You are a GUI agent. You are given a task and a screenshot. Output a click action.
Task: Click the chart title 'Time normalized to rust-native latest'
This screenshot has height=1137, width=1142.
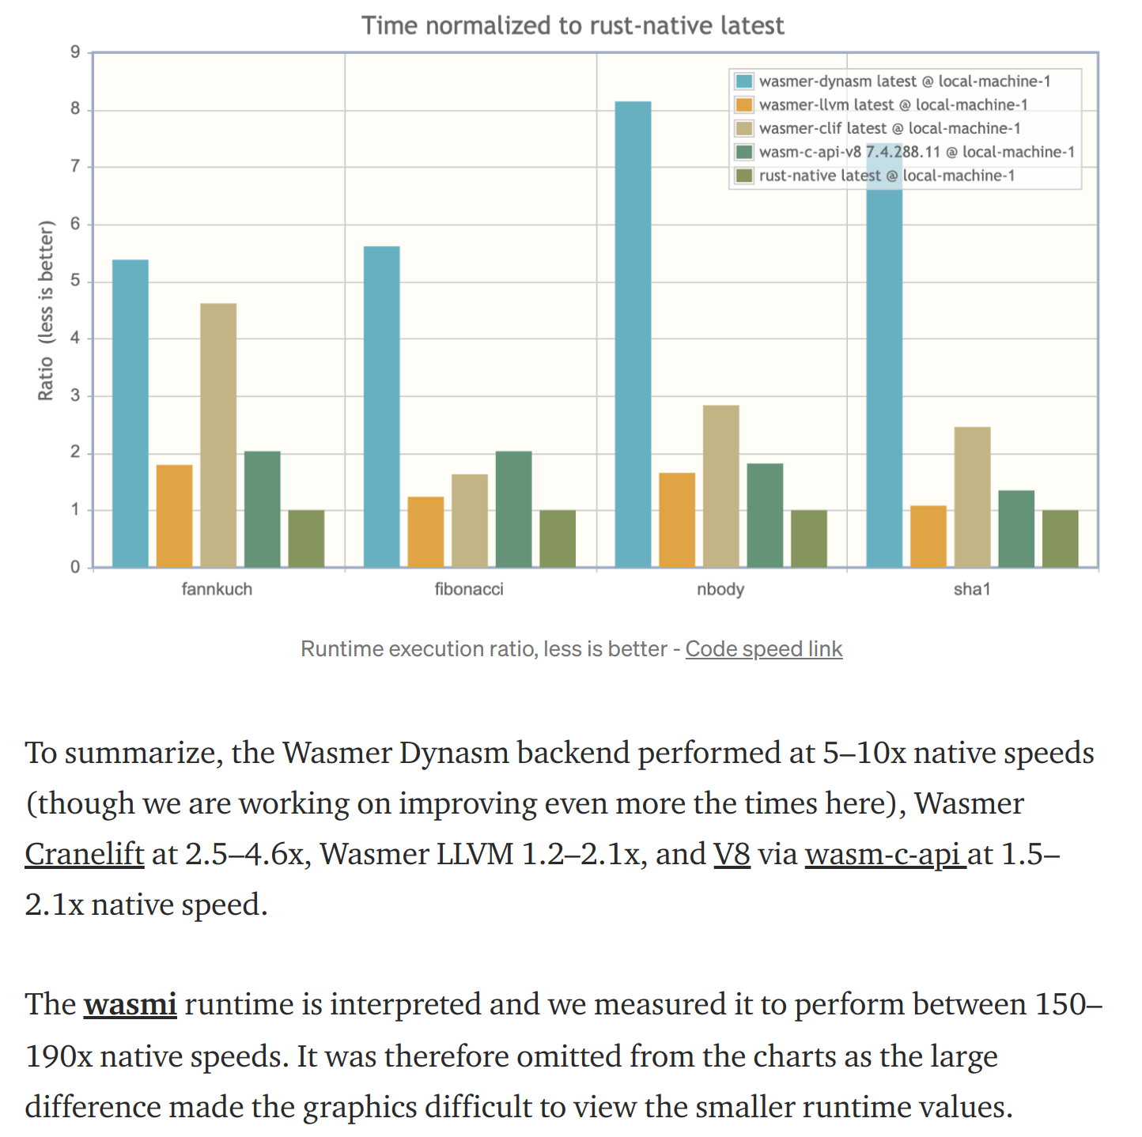pos(573,26)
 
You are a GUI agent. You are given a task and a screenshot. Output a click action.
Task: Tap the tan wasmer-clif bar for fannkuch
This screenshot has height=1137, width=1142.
pos(218,435)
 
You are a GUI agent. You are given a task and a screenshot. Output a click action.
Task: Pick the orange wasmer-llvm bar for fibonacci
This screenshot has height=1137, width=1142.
pos(425,531)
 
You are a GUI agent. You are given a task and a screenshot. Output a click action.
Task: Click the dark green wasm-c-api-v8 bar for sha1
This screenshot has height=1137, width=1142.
pos(1016,528)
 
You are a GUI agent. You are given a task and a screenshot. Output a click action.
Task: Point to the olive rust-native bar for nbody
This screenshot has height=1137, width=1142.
pos(809,538)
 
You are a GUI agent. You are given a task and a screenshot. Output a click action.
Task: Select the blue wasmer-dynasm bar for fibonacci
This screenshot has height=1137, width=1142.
pos(382,406)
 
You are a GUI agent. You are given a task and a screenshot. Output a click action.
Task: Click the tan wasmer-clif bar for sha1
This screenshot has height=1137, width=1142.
pos(972,497)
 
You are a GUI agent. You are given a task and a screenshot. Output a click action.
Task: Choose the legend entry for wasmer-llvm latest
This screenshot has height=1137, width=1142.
pos(893,105)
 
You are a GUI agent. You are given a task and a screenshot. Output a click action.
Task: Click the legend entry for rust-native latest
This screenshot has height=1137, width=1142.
pos(887,176)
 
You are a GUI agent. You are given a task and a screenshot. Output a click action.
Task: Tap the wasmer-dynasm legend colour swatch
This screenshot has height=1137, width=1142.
pos(744,81)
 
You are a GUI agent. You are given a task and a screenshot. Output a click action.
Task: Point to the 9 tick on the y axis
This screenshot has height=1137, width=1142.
pos(75,53)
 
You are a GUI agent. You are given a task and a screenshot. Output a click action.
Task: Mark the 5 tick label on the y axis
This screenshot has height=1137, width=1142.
pos(75,281)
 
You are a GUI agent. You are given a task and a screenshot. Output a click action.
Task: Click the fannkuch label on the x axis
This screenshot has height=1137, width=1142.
pos(217,589)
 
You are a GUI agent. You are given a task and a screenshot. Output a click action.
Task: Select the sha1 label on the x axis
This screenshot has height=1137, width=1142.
pos(972,589)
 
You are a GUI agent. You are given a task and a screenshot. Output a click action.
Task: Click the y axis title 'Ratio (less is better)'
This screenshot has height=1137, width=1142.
pos(46,310)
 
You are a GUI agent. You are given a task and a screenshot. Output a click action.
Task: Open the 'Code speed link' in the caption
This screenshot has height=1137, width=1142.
pos(763,649)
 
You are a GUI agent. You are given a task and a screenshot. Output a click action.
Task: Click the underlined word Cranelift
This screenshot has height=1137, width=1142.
pos(85,854)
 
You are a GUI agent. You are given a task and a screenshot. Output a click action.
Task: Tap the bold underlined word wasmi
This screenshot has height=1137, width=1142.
pos(130,1004)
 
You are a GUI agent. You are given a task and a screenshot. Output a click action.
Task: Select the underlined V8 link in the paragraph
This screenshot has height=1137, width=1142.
pos(732,854)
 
